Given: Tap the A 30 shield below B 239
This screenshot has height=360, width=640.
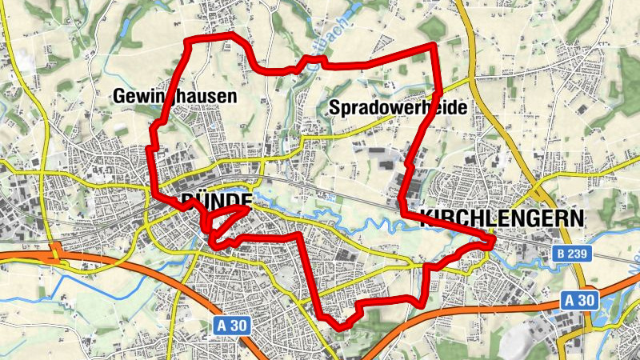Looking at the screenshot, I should [x=579, y=300].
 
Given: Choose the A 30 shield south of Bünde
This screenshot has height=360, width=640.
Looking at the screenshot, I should [x=234, y=326].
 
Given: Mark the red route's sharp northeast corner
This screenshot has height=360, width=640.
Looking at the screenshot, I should [x=434, y=46].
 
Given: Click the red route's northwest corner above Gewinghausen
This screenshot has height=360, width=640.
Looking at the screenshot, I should [x=188, y=41].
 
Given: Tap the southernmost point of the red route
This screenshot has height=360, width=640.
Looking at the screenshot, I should [x=342, y=326].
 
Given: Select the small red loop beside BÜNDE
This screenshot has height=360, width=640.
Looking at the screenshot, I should [x=228, y=218].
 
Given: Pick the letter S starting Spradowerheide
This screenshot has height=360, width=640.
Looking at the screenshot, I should [x=334, y=107].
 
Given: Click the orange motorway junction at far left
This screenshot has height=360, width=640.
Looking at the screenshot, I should [x=54, y=254].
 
